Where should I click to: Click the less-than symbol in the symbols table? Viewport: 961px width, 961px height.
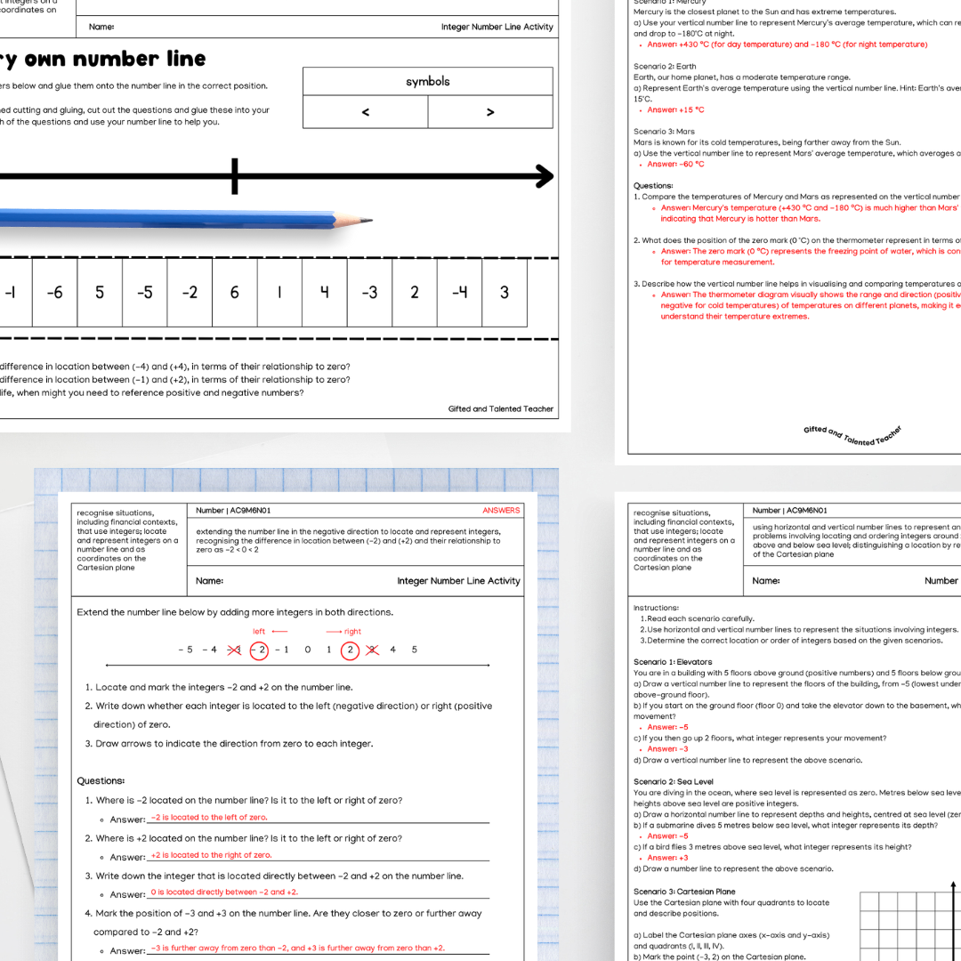[x=366, y=112]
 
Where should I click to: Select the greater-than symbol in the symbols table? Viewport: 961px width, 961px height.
[x=490, y=112]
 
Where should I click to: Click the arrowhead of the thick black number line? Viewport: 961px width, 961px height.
[x=543, y=176]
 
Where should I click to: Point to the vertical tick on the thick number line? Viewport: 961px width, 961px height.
[x=235, y=176]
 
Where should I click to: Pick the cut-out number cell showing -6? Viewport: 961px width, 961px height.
[x=55, y=292]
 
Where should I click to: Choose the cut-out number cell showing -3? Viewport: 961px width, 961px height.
[x=369, y=292]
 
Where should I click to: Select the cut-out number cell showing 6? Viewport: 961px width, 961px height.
[x=235, y=292]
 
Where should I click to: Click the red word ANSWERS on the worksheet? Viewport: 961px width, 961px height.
[x=501, y=511]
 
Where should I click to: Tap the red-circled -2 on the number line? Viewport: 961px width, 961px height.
[x=259, y=650]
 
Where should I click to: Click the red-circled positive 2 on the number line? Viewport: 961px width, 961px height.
[x=351, y=650]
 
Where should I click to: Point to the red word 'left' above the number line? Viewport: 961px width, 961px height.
[x=259, y=632]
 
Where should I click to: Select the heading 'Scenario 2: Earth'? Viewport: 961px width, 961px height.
[x=665, y=67]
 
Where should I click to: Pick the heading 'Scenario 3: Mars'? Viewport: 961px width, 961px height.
[x=664, y=132]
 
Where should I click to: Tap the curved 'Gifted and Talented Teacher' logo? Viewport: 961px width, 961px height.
[x=852, y=436]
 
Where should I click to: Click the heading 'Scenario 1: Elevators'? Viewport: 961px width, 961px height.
[x=673, y=662]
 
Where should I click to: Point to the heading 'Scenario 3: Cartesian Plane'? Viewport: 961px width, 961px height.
[x=684, y=892]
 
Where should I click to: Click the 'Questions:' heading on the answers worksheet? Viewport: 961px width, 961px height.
[x=101, y=780]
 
